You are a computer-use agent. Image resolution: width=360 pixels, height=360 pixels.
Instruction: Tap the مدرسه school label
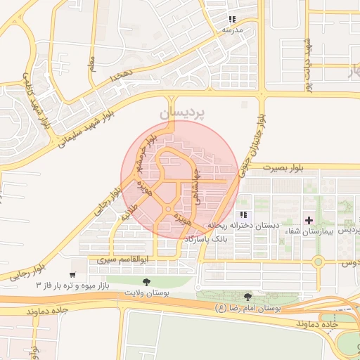(x=232, y=30)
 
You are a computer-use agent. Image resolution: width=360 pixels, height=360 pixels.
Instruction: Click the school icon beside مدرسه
(x=232, y=19)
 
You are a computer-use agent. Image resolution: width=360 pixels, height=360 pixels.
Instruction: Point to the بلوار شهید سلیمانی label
(x=85, y=129)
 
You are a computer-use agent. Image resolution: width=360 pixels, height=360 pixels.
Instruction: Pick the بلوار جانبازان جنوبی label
(x=255, y=148)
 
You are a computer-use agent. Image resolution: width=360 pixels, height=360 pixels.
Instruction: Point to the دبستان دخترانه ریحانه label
(x=242, y=225)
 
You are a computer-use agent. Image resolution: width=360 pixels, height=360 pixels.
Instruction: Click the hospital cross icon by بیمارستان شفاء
(x=309, y=221)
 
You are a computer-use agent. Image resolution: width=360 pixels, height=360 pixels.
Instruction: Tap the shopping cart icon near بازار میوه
(x=72, y=274)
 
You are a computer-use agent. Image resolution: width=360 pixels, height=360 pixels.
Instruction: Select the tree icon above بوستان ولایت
(x=146, y=282)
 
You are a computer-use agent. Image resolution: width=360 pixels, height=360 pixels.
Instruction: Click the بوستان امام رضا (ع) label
(x=246, y=308)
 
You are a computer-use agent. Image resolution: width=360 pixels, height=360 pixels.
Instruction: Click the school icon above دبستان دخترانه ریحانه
(x=243, y=214)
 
